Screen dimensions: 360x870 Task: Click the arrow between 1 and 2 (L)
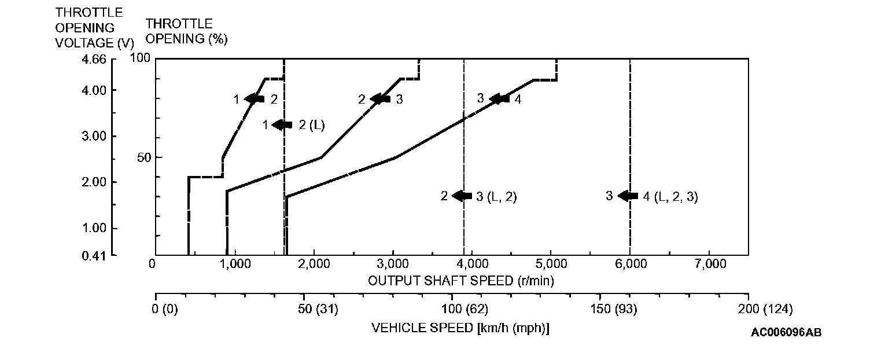(x=283, y=124)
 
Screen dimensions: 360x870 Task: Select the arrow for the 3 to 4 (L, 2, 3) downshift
(x=628, y=196)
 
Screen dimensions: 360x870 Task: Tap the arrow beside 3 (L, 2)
(x=462, y=196)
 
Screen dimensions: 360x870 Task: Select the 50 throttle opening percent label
(x=144, y=157)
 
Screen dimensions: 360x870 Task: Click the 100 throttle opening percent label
(x=141, y=58)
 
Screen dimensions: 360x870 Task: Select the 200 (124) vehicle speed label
(x=764, y=310)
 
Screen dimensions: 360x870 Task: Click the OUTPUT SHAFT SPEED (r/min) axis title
(x=461, y=281)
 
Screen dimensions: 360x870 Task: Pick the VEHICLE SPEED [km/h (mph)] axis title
(x=460, y=328)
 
